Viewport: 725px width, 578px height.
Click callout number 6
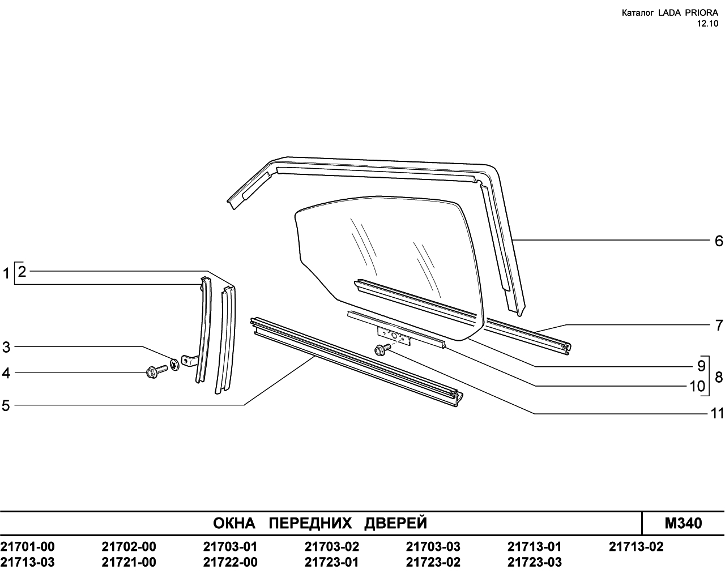coord(719,241)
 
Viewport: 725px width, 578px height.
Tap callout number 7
coord(719,326)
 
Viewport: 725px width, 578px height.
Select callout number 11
coord(717,414)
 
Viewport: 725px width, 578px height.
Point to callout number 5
coord(6,406)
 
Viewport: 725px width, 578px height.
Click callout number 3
coord(6,347)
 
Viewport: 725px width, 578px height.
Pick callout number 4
coord(6,373)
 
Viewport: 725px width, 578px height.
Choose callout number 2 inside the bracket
coord(22,272)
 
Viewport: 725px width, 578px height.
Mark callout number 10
coord(697,386)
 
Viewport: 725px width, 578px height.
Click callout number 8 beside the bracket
coord(719,377)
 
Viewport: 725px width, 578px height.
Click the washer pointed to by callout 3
coord(174,365)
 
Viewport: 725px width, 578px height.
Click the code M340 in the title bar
coord(683,523)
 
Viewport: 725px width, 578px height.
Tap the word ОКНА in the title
coord(234,524)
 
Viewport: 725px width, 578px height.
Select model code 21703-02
coord(331,547)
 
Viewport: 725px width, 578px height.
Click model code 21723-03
coord(534,562)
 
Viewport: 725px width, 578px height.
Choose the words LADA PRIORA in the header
coord(690,13)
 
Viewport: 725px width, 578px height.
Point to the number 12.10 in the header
coord(707,24)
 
